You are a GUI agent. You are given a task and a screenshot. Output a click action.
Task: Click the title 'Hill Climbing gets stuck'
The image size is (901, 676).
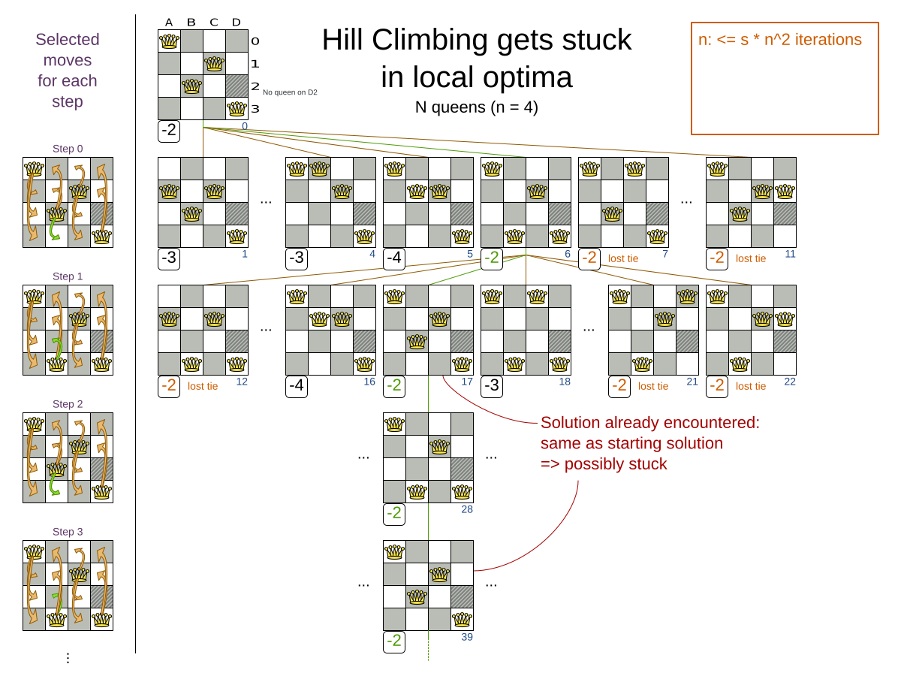[x=476, y=41]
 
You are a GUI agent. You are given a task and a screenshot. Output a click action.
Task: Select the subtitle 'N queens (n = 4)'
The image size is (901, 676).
[x=476, y=107]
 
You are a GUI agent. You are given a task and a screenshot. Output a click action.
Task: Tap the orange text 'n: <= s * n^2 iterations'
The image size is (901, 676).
[x=779, y=40]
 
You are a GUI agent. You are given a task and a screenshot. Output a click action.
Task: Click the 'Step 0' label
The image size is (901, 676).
[x=68, y=149]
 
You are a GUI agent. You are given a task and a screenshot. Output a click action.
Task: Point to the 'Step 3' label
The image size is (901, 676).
[x=68, y=532]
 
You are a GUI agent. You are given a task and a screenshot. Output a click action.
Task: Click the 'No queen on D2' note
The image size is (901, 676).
[x=290, y=92]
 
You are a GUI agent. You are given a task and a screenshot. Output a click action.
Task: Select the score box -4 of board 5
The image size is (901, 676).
[x=394, y=258]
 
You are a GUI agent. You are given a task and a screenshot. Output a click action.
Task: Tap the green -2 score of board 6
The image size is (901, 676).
[x=492, y=258]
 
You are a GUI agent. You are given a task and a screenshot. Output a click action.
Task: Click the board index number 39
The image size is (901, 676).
[x=466, y=637]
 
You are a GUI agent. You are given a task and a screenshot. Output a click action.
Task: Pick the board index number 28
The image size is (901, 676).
[x=466, y=509]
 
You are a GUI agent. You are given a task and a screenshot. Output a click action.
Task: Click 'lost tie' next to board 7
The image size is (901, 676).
[x=623, y=258]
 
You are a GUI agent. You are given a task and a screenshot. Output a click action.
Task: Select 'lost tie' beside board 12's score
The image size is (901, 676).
[x=203, y=386]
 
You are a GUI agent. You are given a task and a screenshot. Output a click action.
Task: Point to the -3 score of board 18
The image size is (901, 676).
[x=492, y=386]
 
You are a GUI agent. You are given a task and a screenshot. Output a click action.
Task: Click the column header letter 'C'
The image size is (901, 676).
[x=214, y=22]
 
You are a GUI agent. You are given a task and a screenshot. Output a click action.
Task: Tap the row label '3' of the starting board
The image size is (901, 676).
[x=255, y=109]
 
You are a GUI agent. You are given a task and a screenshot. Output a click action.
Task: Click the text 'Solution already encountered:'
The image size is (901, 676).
[x=649, y=422]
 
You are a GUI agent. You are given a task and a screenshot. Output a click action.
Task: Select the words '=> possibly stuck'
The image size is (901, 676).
[x=604, y=464]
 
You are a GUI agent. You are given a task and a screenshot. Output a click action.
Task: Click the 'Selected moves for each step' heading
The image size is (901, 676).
[x=68, y=71]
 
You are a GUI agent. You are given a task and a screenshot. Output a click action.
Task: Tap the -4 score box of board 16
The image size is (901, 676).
[x=297, y=386]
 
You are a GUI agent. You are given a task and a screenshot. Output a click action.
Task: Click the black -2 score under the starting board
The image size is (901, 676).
[x=169, y=131]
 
